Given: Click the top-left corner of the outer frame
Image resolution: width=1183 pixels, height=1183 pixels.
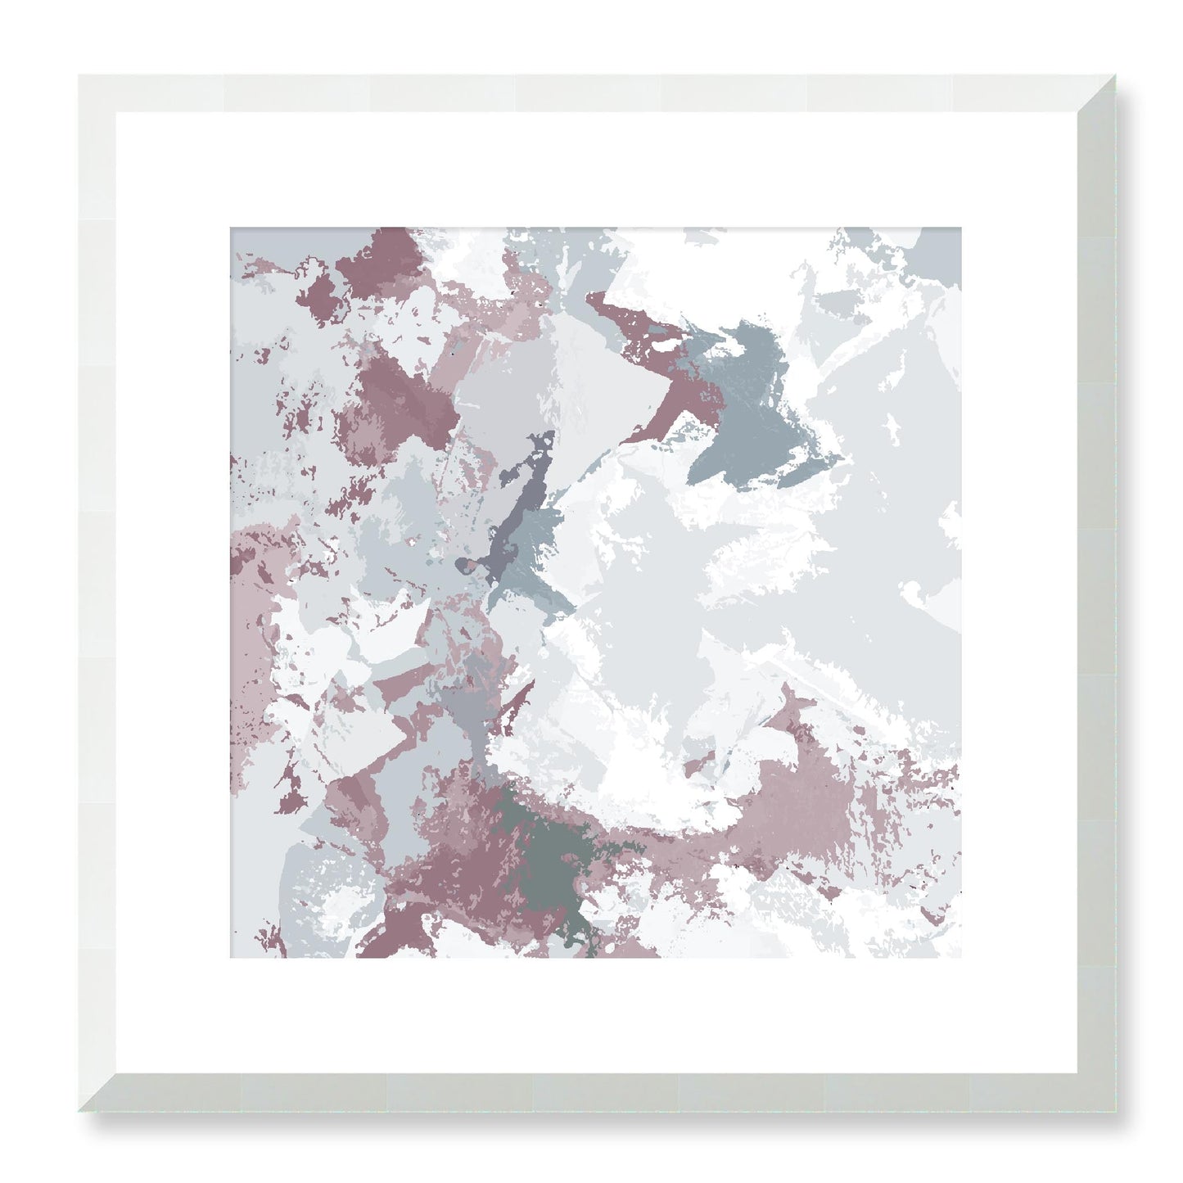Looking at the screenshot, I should [79, 75].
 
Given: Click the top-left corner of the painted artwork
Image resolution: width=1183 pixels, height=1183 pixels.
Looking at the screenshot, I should [230, 228].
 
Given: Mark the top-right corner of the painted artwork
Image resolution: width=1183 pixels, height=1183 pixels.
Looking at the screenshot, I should [961, 228].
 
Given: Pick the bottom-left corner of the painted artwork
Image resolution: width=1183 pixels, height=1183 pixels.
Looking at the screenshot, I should [230, 958].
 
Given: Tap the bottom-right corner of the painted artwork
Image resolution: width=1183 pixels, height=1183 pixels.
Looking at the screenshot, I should [961, 958].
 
